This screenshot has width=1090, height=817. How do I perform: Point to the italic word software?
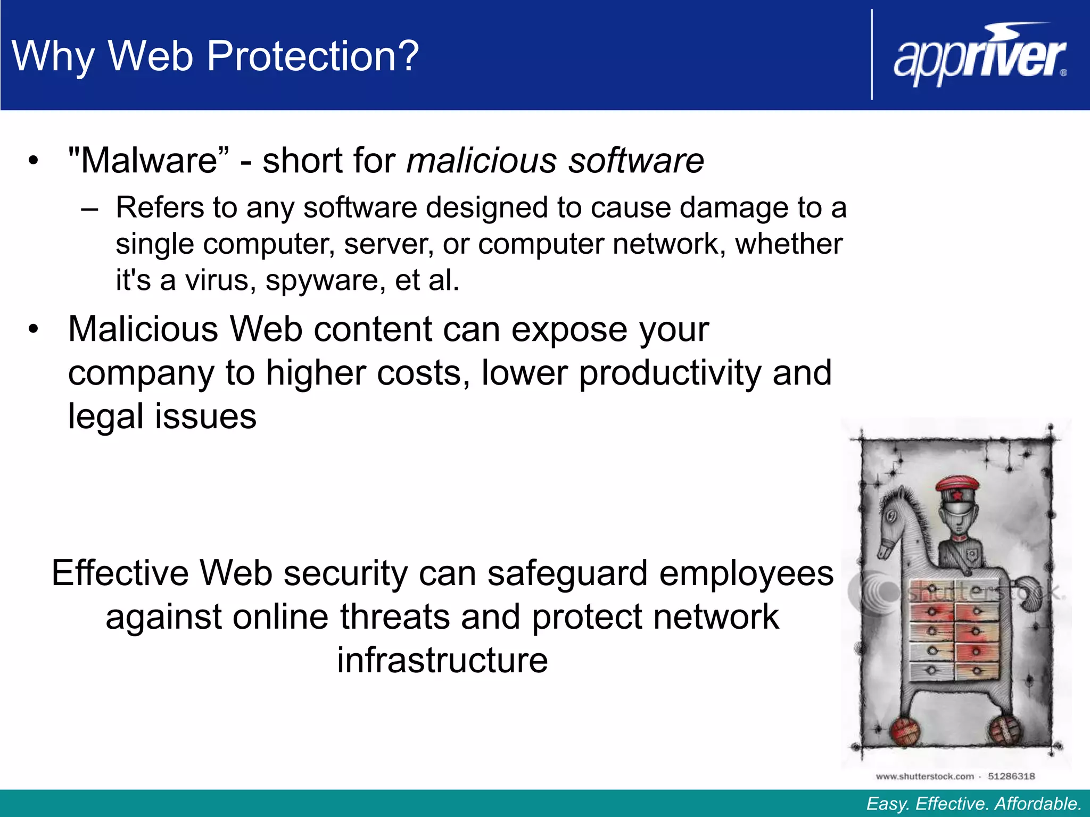636,160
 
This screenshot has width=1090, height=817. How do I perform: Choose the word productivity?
671,372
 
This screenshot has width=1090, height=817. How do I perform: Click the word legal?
106,416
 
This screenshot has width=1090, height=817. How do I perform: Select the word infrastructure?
442,660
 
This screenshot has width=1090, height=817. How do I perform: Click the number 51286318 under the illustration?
1011,776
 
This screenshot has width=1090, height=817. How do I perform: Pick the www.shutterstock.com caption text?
924,776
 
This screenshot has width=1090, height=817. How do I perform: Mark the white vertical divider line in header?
872,55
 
